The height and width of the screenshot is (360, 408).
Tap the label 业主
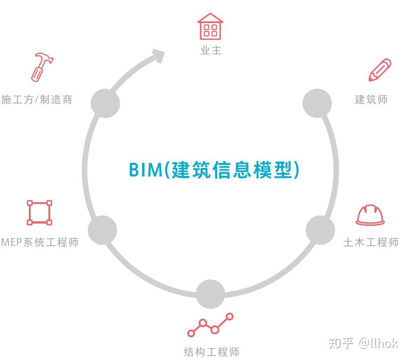click(211, 50)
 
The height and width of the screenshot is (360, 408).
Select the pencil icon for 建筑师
click(380, 70)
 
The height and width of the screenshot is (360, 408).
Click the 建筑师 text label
click(371, 99)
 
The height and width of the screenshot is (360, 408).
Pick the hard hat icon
click(370, 215)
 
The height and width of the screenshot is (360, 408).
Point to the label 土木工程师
click(371, 242)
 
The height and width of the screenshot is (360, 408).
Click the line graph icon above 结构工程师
click(211, 325)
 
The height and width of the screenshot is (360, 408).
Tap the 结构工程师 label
click(212, 352)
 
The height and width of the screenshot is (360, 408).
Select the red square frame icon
click(40, 212)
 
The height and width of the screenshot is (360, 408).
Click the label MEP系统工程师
click(40, 242)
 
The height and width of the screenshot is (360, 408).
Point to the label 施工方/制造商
click(36, 99)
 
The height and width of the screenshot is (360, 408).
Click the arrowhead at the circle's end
click(158, 55)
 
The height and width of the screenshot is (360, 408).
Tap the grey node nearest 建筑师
click(317, 103)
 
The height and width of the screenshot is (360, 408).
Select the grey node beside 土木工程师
click(320, 230)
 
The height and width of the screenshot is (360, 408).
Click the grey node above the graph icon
click(211, 294)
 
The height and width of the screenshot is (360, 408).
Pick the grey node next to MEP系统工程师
click(102, 230)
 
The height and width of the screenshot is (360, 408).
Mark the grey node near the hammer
click(105, 103)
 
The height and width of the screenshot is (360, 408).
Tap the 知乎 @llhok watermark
click(363, 343)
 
